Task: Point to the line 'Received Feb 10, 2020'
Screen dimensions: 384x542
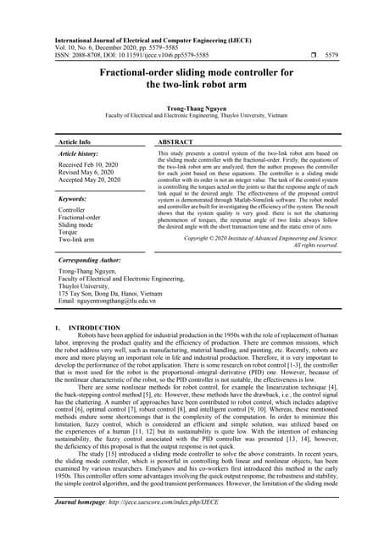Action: click(x=88, y=164)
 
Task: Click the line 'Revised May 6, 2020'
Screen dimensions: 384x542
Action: click(x=86, y=172)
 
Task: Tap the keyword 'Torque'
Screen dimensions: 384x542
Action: click(x=69, y=233)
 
